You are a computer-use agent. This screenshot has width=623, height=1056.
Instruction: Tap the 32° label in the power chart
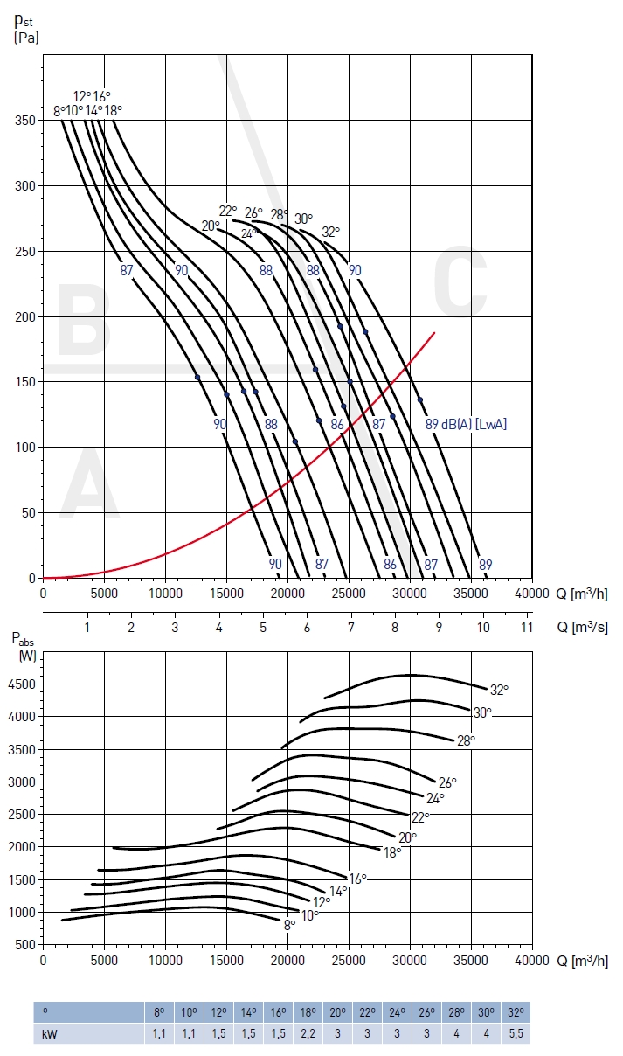499,689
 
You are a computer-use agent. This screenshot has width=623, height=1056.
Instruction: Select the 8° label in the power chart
289,923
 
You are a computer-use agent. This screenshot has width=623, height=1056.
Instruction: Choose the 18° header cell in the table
308,1012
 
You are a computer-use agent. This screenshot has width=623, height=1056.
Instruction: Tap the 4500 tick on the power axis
21,684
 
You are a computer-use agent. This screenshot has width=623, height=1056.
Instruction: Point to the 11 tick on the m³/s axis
526,628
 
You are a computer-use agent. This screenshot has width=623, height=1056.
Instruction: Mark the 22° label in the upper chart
228,211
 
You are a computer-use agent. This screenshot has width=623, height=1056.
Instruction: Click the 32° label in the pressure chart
330,233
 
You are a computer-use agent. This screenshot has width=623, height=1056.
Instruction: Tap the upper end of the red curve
434,333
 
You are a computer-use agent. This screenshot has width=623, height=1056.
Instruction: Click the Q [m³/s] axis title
582,628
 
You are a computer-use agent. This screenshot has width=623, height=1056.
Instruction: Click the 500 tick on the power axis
25,945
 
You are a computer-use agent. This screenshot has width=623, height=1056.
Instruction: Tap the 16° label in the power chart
357,879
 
